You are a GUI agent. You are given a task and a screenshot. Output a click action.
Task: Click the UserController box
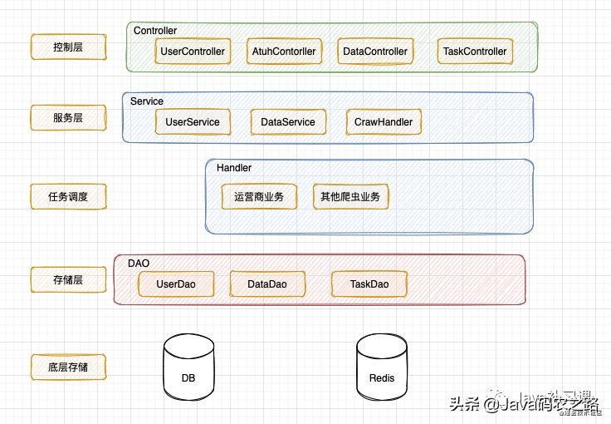[193, 52]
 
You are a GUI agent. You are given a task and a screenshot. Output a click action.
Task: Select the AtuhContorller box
[284, 52]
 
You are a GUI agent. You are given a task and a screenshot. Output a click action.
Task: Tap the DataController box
[375, 52]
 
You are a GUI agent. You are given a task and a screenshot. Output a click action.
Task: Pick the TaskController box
[475, 52]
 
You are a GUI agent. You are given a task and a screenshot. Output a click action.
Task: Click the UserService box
[193, 122]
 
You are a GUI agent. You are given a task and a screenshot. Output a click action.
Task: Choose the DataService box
[288, 122]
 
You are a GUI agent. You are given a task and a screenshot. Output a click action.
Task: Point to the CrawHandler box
[384, 122]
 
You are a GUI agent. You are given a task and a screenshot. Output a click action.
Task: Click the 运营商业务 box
[259, 197]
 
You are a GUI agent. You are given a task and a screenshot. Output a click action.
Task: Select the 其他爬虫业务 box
[350, 197]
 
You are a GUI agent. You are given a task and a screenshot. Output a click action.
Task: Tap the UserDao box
[176, 284]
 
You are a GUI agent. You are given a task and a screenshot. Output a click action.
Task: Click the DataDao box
[267, 284]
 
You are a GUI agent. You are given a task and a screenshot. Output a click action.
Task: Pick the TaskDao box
[369, 284]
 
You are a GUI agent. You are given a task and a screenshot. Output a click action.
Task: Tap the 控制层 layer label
[68, 47]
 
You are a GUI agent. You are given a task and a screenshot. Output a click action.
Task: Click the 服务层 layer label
[68, 118]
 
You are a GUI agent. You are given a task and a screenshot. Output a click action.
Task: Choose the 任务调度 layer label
[68, 197]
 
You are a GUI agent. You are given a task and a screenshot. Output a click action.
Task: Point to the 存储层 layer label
[68, 280]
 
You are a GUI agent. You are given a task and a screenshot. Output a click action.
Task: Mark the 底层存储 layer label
[68, 367]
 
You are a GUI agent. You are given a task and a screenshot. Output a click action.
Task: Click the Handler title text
[234, 168]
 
